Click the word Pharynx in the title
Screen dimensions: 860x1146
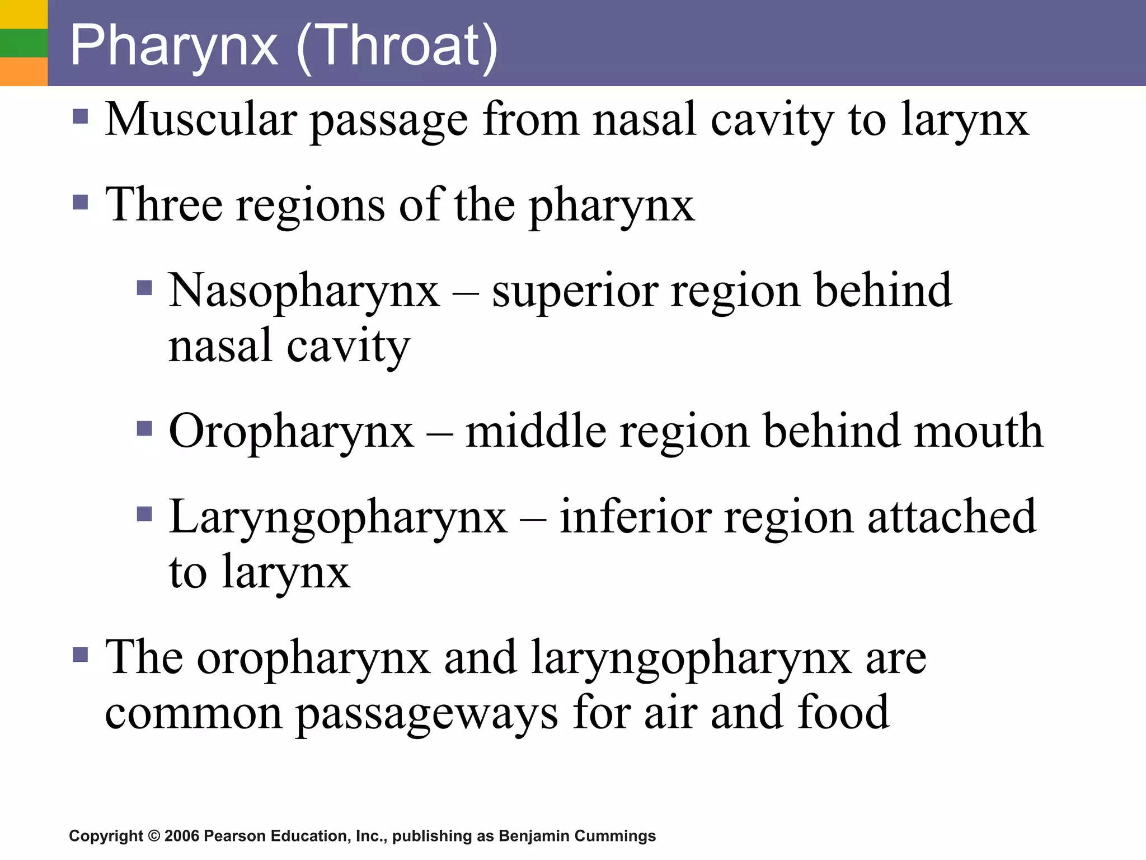174,46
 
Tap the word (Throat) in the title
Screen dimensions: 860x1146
397,46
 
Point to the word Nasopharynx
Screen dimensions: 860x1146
304,291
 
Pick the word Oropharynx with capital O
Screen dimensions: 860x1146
292,432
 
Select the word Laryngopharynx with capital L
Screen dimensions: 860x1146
339,517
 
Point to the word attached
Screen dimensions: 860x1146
951,517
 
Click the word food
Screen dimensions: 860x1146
843,712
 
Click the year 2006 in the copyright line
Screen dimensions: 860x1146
182,836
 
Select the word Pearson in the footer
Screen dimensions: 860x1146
235,836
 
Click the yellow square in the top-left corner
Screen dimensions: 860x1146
24,14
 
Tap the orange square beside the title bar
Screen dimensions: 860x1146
24,71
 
